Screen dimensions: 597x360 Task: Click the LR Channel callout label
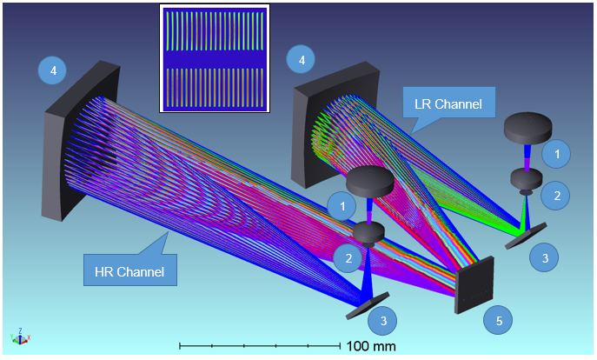449,103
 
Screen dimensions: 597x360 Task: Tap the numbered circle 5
499,321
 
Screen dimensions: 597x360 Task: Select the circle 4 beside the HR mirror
52,70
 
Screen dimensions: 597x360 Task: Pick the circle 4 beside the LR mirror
302,59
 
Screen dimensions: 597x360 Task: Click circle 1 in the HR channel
342,206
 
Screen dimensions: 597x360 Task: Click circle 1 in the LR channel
557,154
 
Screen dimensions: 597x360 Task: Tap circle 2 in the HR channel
348,258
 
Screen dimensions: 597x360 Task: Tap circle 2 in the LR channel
556,196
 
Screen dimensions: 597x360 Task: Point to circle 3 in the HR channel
382,321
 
